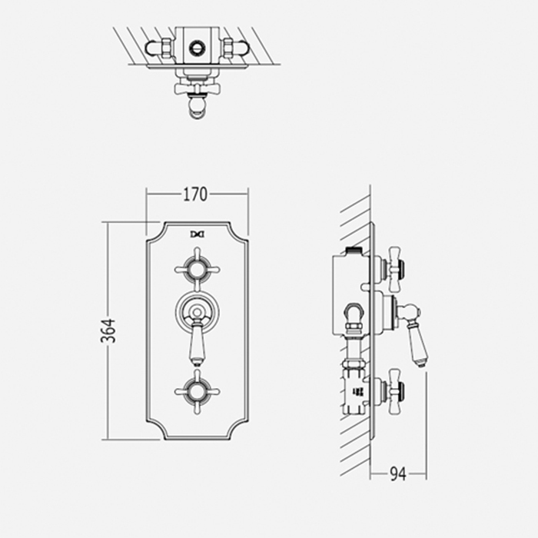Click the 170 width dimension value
point(195,195)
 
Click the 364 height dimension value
point(109,330)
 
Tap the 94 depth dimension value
point(397,474)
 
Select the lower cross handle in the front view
point(198,390)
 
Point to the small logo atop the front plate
point(198,233)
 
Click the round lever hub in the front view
point(198,311)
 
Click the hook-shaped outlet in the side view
point(353,315)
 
